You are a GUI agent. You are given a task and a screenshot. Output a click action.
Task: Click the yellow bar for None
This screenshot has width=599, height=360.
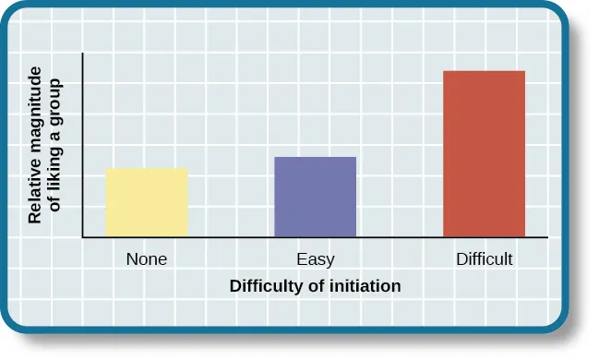(147, 203)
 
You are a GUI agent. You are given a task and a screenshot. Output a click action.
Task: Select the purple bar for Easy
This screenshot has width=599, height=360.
(316, 197)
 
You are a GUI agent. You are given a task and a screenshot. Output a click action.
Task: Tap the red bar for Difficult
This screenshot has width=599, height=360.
(484, 154)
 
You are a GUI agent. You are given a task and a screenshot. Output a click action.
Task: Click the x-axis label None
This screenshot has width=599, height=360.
(147, 259)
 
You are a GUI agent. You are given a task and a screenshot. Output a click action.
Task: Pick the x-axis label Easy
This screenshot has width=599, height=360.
(316, 259)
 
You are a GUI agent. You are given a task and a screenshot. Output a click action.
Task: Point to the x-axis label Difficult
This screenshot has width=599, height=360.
(484, 259)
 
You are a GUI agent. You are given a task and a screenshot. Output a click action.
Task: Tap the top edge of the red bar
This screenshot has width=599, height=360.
(484, 71)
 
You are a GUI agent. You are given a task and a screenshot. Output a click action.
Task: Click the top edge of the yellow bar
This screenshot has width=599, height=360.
(147, 169)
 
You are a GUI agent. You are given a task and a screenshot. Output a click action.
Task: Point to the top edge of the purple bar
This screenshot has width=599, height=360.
(316, 157)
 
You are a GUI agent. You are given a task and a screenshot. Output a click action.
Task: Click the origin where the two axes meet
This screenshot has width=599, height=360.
(83, 237)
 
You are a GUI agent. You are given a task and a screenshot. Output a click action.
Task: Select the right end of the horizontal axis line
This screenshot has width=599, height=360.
(547, 237)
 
